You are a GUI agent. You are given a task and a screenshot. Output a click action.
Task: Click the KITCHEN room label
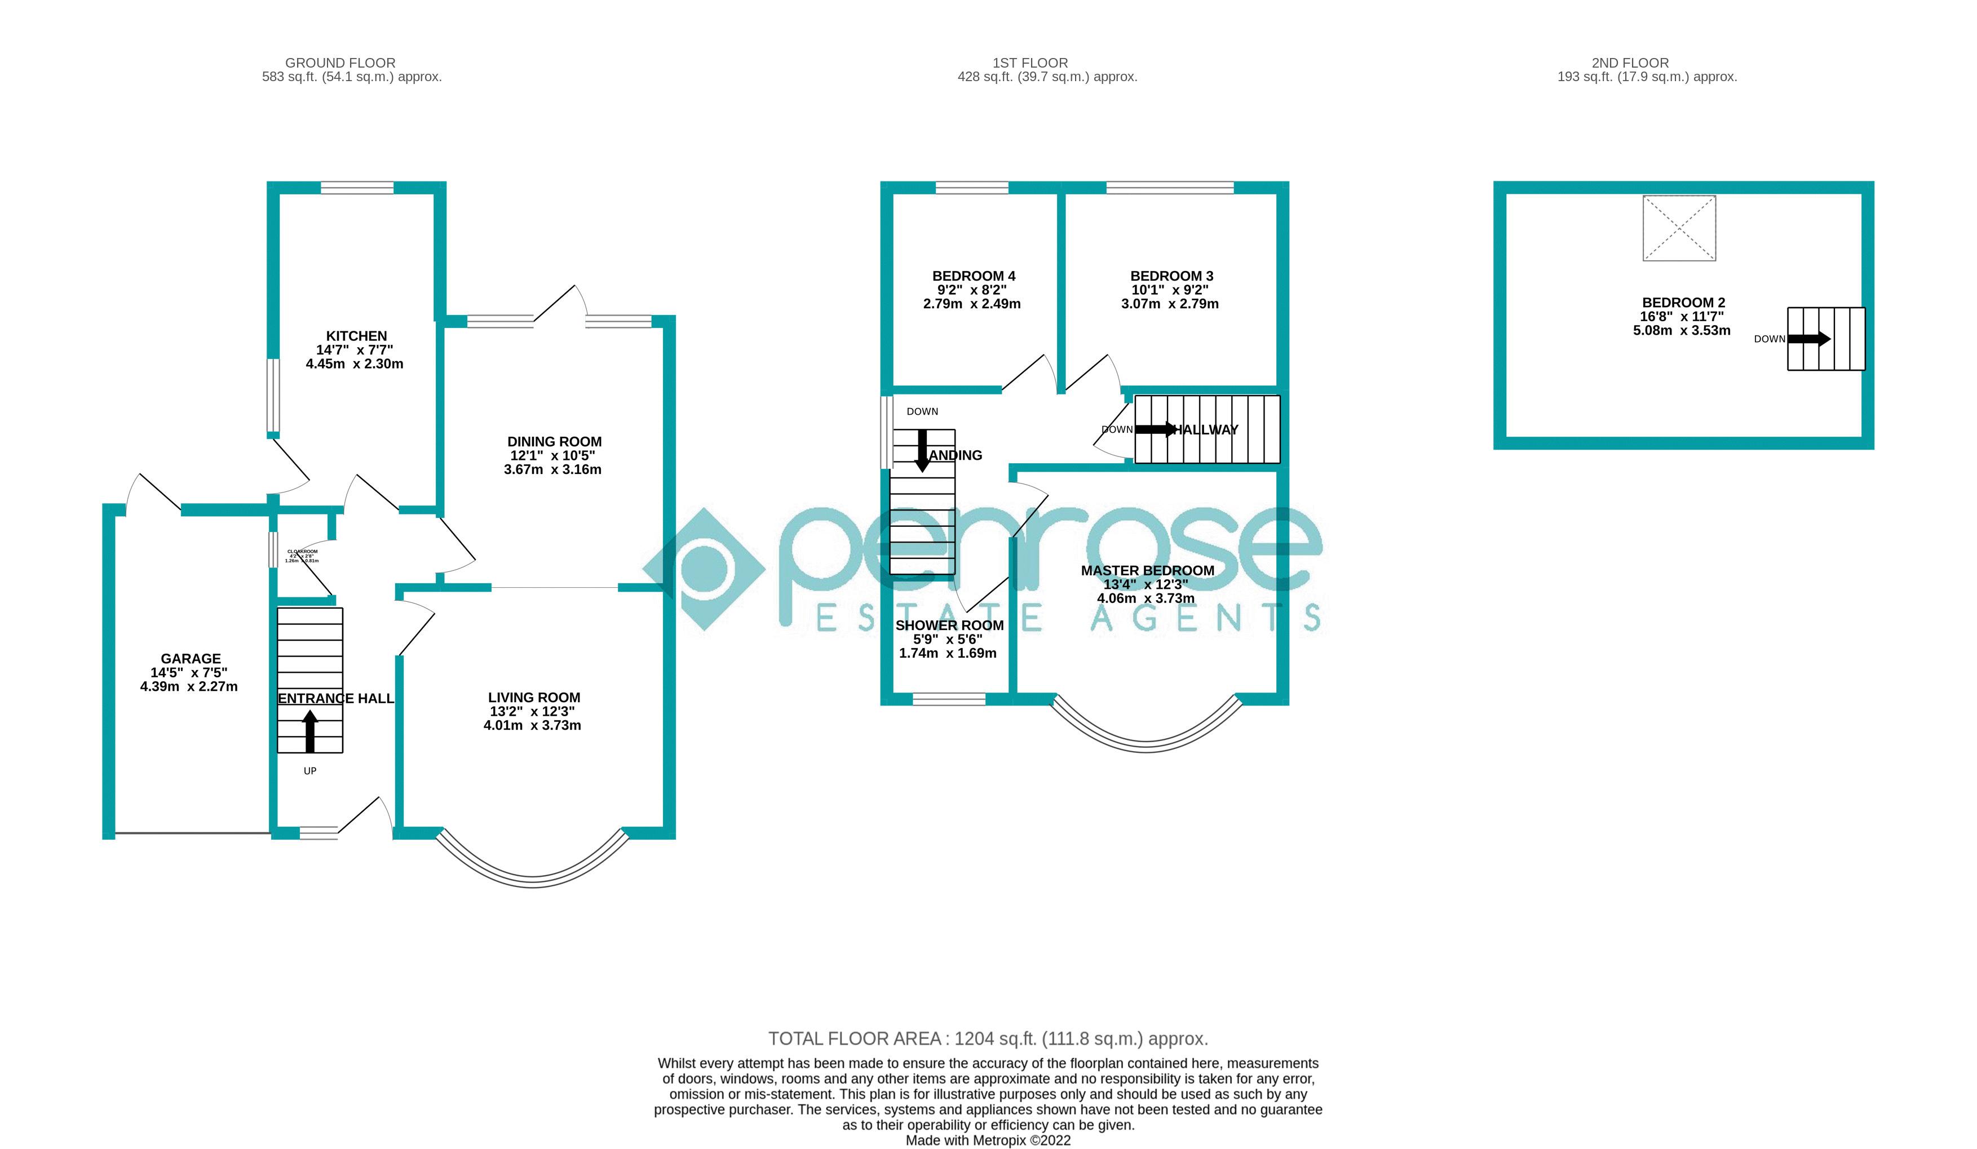pos(356,336)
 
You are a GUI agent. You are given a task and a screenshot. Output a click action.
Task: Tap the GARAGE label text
pos(191,659)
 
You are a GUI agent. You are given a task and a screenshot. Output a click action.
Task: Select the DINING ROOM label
pos(554,442)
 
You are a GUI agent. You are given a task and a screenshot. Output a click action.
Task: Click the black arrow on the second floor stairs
pos(1808,339)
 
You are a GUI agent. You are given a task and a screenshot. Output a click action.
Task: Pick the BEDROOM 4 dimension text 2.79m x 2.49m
pos(972,304)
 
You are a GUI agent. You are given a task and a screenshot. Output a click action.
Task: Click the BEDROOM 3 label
pos(1171,276)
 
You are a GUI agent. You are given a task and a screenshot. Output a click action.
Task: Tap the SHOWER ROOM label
pos(949,625)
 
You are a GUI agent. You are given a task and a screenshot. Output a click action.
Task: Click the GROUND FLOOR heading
pos(340,63)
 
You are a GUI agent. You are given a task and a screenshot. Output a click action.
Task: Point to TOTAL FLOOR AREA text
pos(988,1039)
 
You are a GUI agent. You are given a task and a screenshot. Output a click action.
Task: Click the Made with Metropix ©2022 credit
pos(988,1141)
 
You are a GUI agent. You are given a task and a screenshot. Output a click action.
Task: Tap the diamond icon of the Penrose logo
pos(704,569)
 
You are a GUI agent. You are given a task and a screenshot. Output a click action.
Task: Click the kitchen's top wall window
pos(357,188)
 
